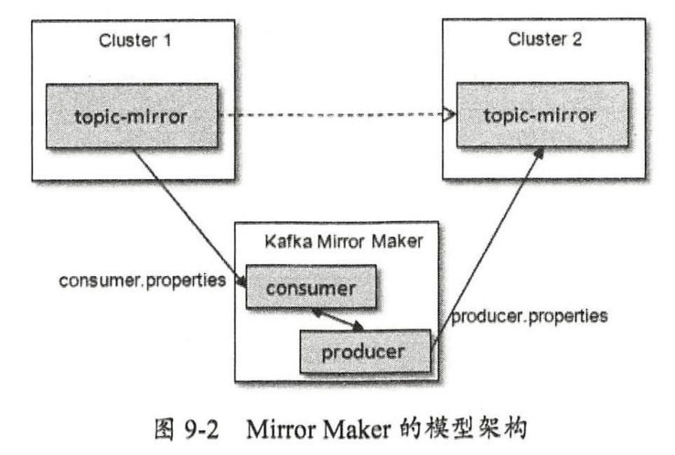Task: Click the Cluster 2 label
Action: [545, 41]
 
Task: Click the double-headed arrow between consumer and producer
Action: [339, 319]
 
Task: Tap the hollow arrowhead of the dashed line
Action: [449, 116]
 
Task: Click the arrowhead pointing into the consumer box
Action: [243, 283]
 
